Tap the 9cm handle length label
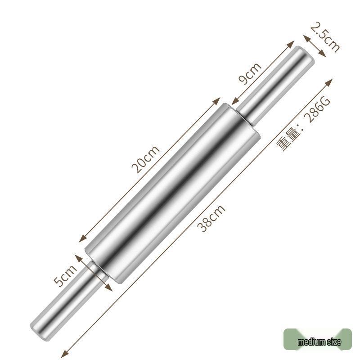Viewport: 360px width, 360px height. pos(250,73)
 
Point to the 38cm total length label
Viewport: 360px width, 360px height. pos(212,218)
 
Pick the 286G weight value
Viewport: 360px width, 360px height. pos(317,110)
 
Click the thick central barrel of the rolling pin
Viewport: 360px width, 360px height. pos(173,191)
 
